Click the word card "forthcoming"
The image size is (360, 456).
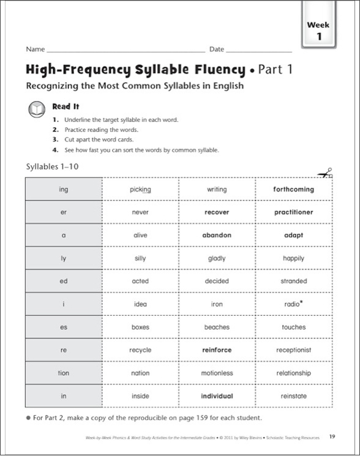(293, 190)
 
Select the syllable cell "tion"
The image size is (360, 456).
(64, 373)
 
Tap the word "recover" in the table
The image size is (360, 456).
(217, 212)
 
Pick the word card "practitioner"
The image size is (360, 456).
(293, 212)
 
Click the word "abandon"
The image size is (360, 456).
(217, 236)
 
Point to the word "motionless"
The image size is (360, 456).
(217, 373)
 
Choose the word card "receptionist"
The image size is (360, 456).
(293, 350)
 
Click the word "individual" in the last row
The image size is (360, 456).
(217, 396)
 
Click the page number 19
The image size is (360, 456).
(331, 436)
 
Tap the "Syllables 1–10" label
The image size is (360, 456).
(53, 166)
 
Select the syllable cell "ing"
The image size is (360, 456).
(64, 190)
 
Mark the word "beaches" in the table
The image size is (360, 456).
(217, 327)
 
